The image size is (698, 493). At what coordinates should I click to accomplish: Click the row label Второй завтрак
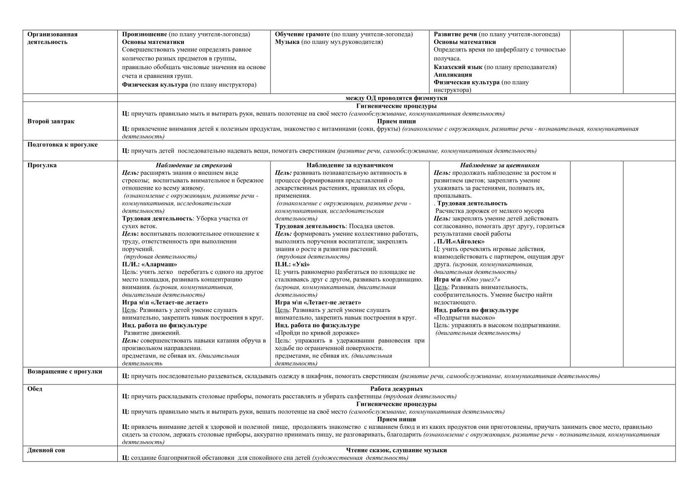51,121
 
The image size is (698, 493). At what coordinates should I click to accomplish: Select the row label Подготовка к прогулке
63,145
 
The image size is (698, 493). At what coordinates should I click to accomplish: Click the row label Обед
35,389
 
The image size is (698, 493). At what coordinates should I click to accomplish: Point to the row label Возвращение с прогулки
65,371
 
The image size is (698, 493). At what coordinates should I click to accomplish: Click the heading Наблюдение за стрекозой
194,165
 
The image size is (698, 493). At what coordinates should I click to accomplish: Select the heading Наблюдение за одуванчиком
350,165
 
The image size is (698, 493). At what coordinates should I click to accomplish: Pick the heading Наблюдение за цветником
499,165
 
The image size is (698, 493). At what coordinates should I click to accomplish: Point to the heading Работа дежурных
396,389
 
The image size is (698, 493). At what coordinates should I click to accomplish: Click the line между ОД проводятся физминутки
396,98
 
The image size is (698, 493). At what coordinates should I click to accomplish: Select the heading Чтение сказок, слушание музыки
396,450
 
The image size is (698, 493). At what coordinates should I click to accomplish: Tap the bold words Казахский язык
458,67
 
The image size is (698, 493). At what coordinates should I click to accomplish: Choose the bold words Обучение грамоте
302,34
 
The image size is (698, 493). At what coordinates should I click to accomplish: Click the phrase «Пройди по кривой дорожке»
317,333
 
